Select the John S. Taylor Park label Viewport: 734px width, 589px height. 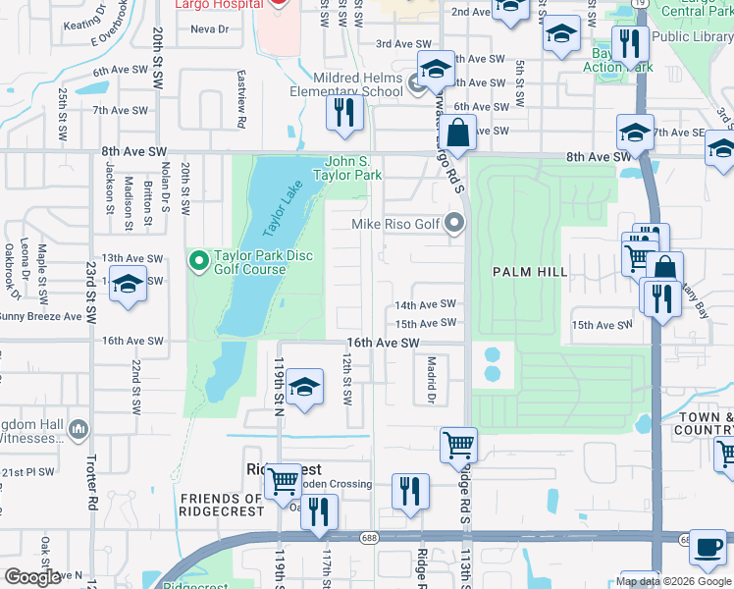click(346, 168)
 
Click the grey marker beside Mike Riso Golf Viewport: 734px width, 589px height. click(453, 224)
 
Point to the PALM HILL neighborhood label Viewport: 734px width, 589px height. click(530, 272)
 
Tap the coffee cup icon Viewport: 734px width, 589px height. click(707, 550)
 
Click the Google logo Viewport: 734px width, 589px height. click(32, 577)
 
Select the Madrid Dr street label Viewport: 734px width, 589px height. click(430, 378)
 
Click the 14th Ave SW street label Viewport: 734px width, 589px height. click(425, 305)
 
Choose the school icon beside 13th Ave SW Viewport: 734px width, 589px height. click(128, 285)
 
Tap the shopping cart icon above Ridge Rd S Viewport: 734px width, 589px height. click(458, 445)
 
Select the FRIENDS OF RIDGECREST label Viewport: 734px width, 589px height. click(221, 505)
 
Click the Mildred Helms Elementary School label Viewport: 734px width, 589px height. click(358, 84)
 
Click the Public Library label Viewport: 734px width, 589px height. click(692, 36)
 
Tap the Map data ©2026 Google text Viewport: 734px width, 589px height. click(673, 581)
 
